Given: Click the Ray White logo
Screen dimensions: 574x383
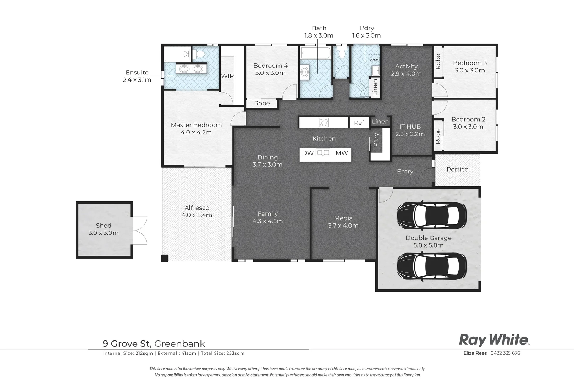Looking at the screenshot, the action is tap(494, 340).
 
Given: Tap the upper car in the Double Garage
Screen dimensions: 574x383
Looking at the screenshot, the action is tap(432, 213).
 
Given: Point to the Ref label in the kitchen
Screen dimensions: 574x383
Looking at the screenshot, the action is tap(359, 123).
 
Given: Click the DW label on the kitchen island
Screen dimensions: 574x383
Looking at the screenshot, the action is tap(308, 153).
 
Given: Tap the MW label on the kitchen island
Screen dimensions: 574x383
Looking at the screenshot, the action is tap(342, 153).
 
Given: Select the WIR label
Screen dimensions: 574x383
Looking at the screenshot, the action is tap(227, 76).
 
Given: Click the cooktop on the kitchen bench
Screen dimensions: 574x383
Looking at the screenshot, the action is tap(324, 122).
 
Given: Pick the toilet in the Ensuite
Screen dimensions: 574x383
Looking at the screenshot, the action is tap(199, 54).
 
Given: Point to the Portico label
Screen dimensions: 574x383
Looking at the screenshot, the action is tap(457, 170).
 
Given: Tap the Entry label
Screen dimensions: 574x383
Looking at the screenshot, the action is tap(405, 171).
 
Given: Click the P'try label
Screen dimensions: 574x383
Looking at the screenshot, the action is tap(376, 140).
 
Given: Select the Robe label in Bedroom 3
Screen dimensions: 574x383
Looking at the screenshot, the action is tap(438, 61).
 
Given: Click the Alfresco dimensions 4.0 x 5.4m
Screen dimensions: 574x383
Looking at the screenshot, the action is tap(197, 215).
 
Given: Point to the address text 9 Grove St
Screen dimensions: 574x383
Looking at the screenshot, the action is tap(127, 344).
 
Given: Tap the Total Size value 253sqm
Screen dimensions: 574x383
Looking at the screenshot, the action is tap(235, 353).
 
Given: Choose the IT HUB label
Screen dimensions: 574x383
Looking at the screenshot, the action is tap(410, 127).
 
